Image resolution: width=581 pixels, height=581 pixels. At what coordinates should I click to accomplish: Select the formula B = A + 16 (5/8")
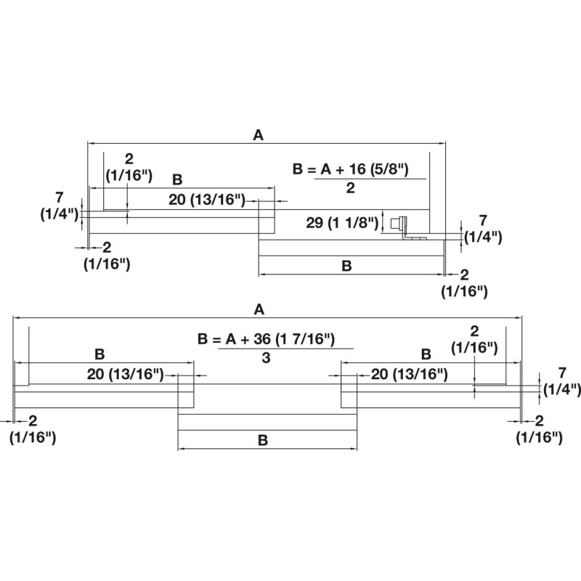[350, 169]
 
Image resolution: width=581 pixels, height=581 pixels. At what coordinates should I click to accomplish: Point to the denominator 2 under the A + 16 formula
[350, 188]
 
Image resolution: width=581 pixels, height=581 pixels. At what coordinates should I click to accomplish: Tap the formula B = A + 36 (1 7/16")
[266, 339]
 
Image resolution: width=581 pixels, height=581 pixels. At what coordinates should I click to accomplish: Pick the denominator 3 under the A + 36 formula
[267, 358]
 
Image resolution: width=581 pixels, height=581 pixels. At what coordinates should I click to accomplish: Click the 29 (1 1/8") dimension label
[343, 222]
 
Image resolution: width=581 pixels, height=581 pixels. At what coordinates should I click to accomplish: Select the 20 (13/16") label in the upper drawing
[207, 200]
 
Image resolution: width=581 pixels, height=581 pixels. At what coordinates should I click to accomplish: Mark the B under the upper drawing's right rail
[346, 266]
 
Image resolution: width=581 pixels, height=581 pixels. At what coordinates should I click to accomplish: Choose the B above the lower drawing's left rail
[100, 354]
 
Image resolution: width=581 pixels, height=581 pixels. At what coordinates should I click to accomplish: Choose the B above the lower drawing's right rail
[426, 354]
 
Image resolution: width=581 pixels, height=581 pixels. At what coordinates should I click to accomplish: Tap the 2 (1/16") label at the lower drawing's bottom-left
[33, 428]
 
